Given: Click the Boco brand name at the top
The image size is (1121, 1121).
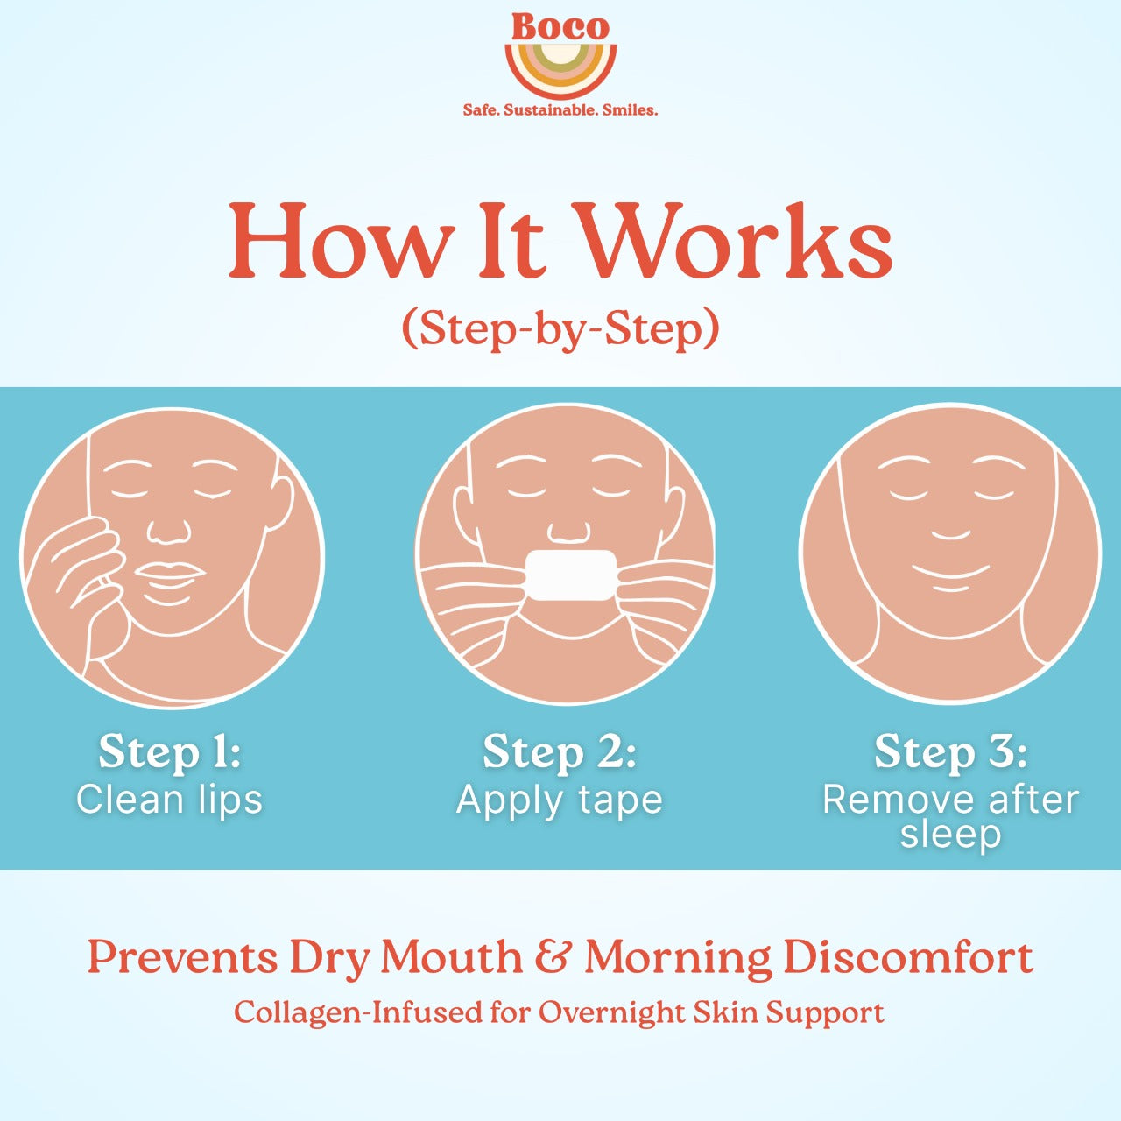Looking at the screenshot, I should point(560,26).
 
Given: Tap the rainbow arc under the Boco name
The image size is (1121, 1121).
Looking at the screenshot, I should point(560,74).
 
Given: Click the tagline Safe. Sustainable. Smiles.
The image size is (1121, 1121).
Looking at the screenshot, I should point(560,110).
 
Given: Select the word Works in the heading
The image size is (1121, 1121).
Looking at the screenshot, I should point(736,241).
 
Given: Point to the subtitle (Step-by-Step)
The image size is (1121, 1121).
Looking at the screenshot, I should point(560,329).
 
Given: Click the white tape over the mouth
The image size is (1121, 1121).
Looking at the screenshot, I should point(573,575).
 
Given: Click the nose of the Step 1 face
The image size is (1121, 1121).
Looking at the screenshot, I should point(168,530).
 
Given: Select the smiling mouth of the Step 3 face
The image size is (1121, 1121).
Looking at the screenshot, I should point(950,575).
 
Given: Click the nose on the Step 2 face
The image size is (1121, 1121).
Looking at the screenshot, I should point(568,531).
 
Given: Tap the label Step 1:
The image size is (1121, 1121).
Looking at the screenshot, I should point(169,751).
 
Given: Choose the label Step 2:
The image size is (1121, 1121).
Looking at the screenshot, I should point(560,751).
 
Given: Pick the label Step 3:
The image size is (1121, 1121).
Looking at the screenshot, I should point(950,751).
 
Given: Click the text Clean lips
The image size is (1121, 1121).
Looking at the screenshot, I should point(169,800).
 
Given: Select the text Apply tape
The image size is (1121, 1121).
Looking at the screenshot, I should point(560,800).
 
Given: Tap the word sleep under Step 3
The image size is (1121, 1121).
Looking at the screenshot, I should point(950,834).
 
